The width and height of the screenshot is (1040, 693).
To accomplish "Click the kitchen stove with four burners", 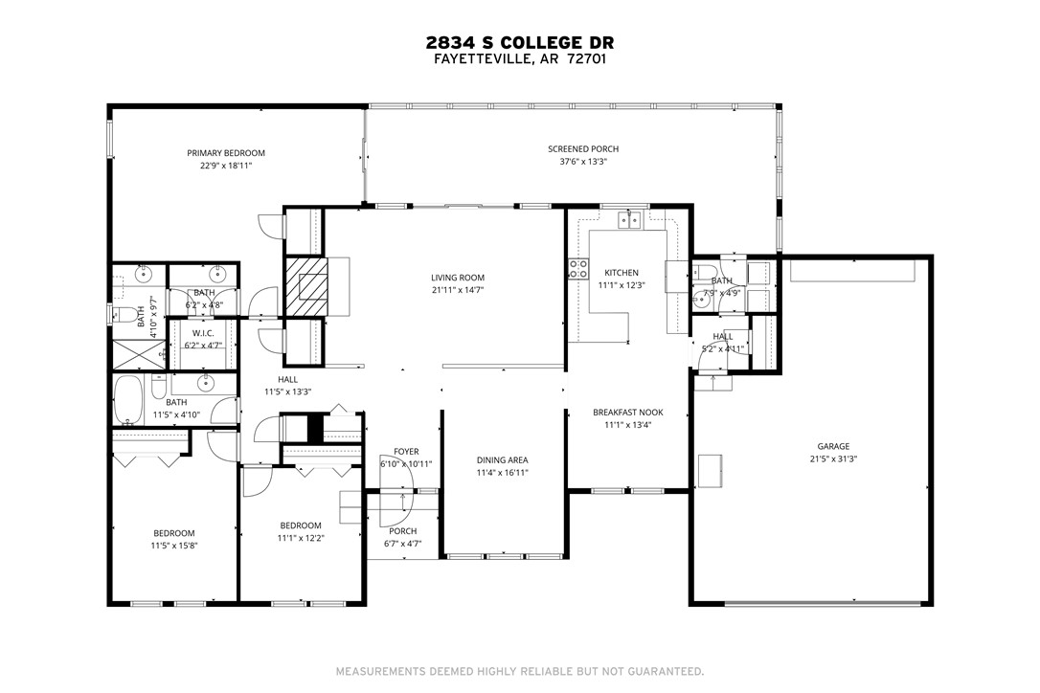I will [x=578, y=269].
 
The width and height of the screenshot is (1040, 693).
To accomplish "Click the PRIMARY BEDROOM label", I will [x=226, y=153].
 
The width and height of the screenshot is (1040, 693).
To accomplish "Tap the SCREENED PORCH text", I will [x=583, y=149].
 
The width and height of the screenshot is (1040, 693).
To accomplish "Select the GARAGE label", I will [x=832, y=446].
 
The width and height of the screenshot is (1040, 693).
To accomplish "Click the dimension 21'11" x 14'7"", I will [x=458, y=290].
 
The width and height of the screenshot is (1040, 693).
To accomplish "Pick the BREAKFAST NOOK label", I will [x=627, y=413].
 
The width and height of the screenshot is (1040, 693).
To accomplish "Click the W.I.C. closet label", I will [x=202, y=333].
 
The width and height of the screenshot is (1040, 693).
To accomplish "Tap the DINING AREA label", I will [x=503, y=460].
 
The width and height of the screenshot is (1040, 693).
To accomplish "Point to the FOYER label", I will [x=406, y=452].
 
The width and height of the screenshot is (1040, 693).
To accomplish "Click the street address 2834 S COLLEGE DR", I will [x=520, y=42].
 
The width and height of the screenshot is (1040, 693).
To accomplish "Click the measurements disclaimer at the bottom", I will [x=520, y=671].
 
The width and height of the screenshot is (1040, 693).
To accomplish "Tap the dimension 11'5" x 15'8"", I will [x=174, y=546].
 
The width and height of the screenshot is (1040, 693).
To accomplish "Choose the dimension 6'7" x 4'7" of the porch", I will [x=403, y=544].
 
